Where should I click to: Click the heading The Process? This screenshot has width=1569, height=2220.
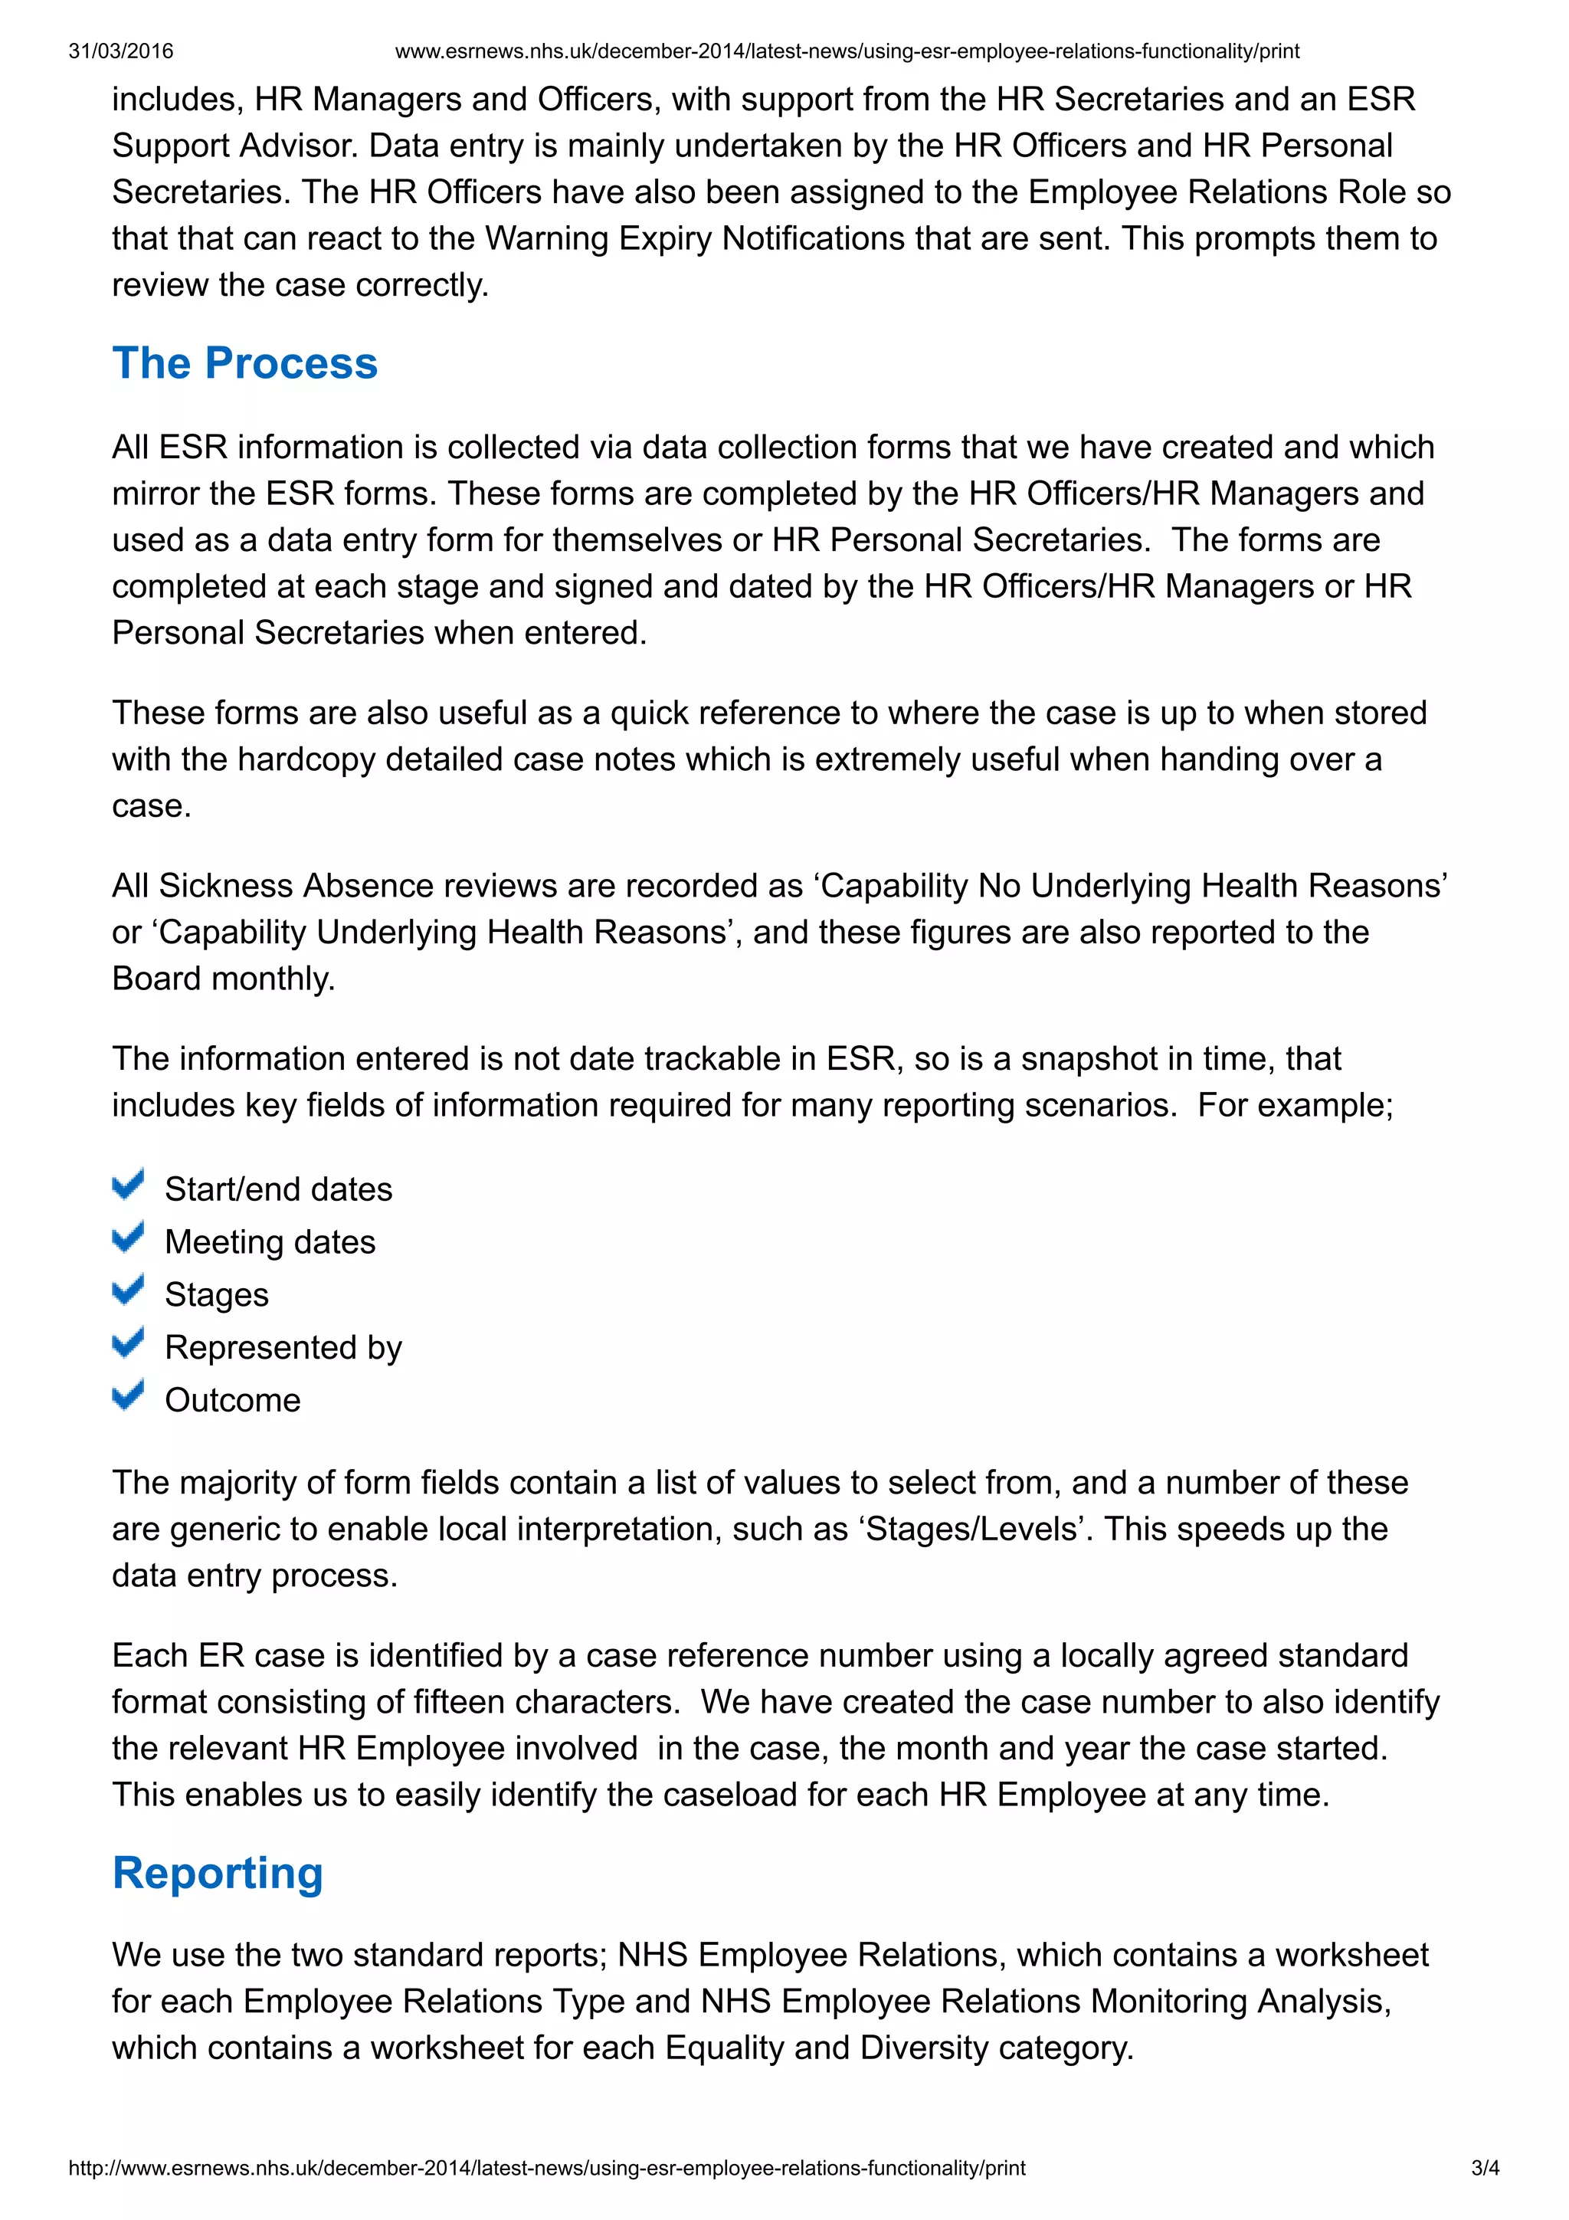pyautogui.click(x=244, y=363)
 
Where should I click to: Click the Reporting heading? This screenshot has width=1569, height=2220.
pyautogui.click(x=218, y=1873)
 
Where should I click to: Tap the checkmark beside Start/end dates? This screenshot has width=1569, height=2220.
pyautogui.click(x=129, y=1185)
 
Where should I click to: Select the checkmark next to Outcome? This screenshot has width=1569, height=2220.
pyautogui.click(x=129, y=1395)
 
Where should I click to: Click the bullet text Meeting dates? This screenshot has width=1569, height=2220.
pyautogui.click(x=270, y=1241)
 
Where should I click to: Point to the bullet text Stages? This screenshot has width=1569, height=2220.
pyautogui.click(x=217, y=1294)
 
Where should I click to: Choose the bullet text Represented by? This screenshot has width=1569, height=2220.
pyautogui.click(x=283, y=1347)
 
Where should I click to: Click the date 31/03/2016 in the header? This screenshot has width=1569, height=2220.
pyautogui.click(x=121, y=51)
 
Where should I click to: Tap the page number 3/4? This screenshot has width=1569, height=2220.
pyautogui.click(x=1485, y=2168)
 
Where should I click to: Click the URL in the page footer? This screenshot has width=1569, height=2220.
pyautogui.click(x=546, y=2168)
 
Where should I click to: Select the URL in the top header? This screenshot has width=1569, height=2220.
pyautogui.click(x=847, y=51)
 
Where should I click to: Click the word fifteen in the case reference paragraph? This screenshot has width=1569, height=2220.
pyautogui.click(x=458, y=1702)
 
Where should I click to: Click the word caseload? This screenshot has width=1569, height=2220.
pyautogui.click(x=724, y=1795)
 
